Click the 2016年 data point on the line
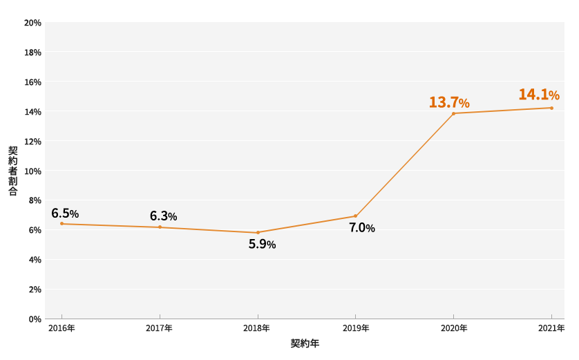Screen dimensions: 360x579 (61, 223)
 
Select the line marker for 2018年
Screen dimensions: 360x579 (258, 232)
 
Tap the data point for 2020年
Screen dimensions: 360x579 (453, 113)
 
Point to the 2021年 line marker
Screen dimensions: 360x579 (551, 108)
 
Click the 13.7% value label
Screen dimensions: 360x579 (449, 103)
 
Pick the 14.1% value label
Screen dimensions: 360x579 (539, 95)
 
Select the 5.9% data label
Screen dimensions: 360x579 (262, 244)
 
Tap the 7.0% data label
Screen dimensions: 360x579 (361, 228)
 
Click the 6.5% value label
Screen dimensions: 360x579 (65, 214)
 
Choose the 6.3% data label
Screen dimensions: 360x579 (163, 216)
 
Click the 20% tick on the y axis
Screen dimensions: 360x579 (32, 23)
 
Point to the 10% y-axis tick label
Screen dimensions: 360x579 (32, 171)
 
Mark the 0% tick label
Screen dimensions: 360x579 (35, 319)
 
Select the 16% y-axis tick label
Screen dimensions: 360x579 (32, 82)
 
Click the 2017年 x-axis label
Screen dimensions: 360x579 (159, 328)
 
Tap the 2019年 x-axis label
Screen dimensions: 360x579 (355, 328)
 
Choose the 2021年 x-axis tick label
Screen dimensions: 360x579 (551, 328)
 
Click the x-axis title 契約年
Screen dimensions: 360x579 (305, 343)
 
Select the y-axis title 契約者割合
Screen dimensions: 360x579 (13, 171)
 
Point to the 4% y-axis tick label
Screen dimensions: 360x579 (35, 260)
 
